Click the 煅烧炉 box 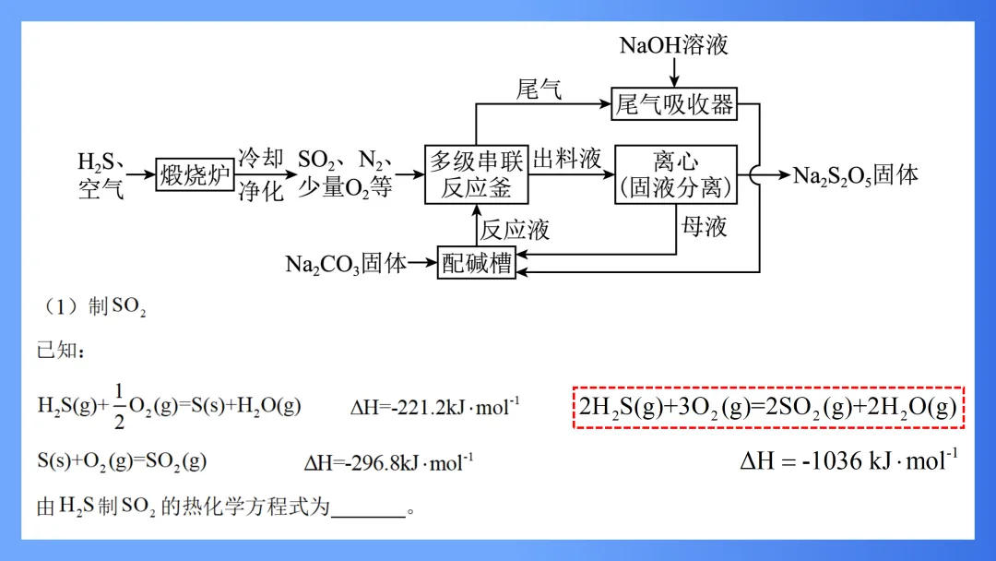(x=195, y=173)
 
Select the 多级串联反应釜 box (x=477, y=174)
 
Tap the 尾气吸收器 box (x=674, y=104)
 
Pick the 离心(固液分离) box (x=675, y=174)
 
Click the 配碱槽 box (x=476, y=264)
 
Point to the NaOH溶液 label (x=673, y=44)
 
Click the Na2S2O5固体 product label (x=856, y=175)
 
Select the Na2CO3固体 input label (x=346, y=264)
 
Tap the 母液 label (x=704, y=227)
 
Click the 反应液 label (x=515, y=230)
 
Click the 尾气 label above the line (x=539, y=90)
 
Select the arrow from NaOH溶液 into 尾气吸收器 (x=674, y=72)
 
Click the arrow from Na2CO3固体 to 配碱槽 (x=422, y=264)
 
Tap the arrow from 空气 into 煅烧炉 (x=140, y=173)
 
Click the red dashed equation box (x=768, y=407)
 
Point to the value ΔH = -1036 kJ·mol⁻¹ (x=848, y=459)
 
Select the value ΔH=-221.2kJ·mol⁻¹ (x=434, y=407)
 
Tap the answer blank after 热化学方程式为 (x=367, y=510)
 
